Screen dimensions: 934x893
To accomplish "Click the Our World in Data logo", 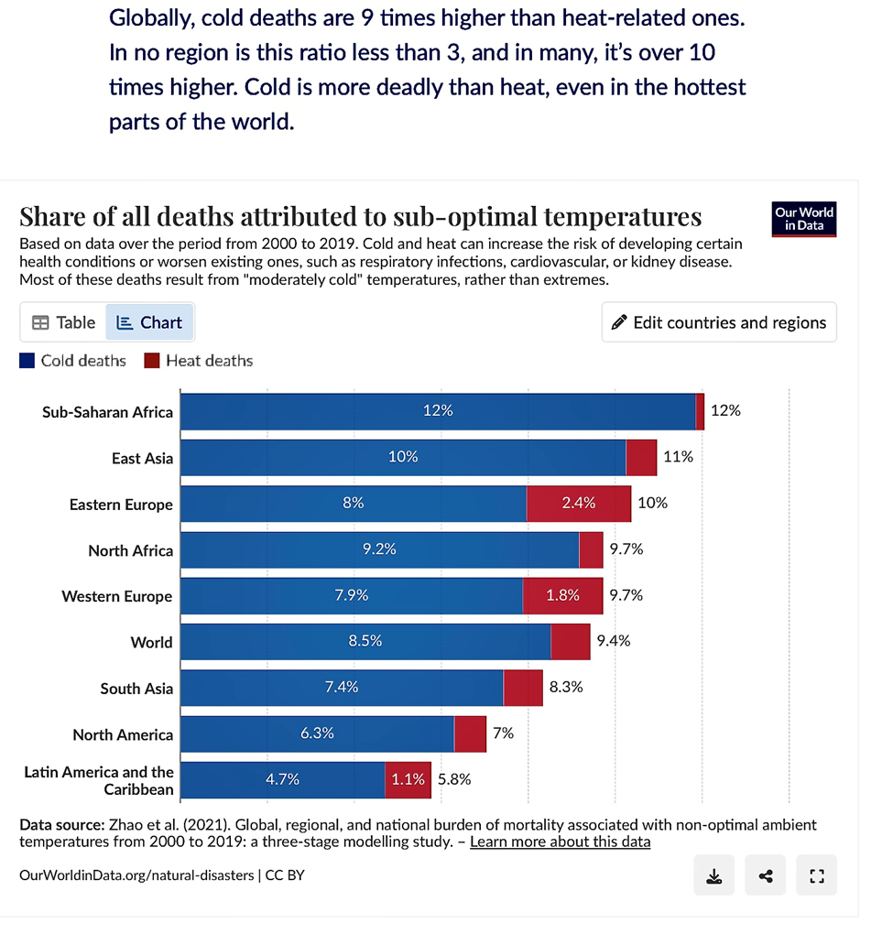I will pyautogui.click(x=804, y=219).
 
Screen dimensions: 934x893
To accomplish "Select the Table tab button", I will pyautogui.click(x=63, y=322).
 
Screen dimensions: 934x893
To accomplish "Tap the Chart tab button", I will pyautogui.click(x=150, y=322).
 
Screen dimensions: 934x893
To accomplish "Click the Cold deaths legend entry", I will pyautogui.click(x=73, y=361).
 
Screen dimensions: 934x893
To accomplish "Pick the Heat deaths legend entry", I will pyautogui.click(x=199, y=361).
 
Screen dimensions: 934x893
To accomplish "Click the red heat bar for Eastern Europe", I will pyautogui.click(x=579, y=504).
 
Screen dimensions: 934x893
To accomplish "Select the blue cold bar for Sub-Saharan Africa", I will pyautogui.click(x=438, y=411).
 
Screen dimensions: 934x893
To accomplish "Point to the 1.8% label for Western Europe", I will pyautogui.click(x=562, y=595).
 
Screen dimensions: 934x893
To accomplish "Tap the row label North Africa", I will pyautogui.click(x=130, y=550).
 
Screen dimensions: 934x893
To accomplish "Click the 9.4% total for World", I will pyautogui.click(x=614, y=641).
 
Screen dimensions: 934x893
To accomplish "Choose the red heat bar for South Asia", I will pyautogui.click(x=523, y=688).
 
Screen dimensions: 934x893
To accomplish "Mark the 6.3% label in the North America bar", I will pyautogui.click(x=317, y=733).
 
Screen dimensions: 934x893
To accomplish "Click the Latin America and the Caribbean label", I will pyautogui.click(x=99, y=780).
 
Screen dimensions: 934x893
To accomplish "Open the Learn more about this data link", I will pyautogui.click(x=560, y=842).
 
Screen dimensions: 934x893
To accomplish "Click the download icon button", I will pyautogui.click(x=714, y=876).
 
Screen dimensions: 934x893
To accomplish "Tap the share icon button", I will pyautogui.click(x=766, y=876).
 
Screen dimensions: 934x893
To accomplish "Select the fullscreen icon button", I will pyautogui.click(x=817, y=876).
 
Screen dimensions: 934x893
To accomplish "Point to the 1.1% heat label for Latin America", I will pyautogui.click(x=408, y=779).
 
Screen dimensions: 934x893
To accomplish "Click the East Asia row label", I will pyautogui.click(x=142, y=458).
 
